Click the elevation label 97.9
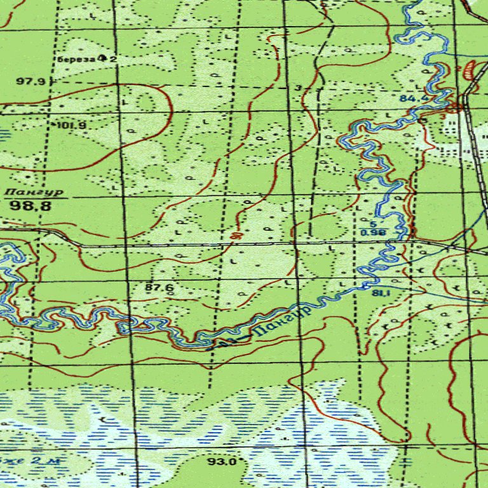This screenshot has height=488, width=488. click(31, 81)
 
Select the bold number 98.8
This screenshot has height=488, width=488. click(30, 205)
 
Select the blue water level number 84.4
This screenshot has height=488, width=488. click(414, 99)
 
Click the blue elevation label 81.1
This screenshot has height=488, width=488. click(381, 293)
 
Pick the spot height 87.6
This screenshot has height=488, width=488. click(159, 288)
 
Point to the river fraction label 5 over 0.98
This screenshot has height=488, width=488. click(373, 229)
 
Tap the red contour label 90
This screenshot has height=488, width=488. click(236, 236)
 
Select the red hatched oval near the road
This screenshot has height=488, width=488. click(470, 69)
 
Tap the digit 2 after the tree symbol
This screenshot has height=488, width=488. click(113, 59)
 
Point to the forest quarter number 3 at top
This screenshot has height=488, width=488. click(298, 87)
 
